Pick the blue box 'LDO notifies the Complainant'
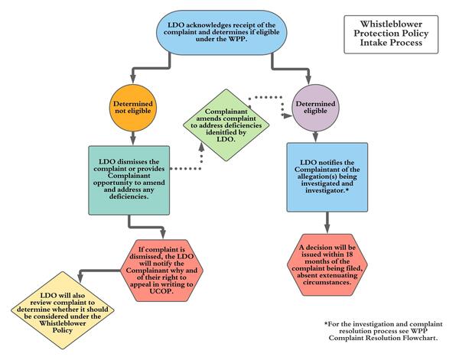[327, 177]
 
